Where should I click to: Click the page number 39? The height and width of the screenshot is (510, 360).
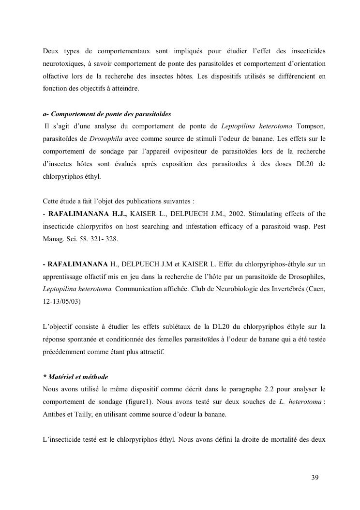(315, 478)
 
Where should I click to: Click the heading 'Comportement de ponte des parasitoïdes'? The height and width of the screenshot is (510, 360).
(111, 114)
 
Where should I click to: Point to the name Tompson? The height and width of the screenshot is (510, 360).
(310, 126)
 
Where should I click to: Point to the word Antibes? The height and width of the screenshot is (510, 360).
(55, 415)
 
